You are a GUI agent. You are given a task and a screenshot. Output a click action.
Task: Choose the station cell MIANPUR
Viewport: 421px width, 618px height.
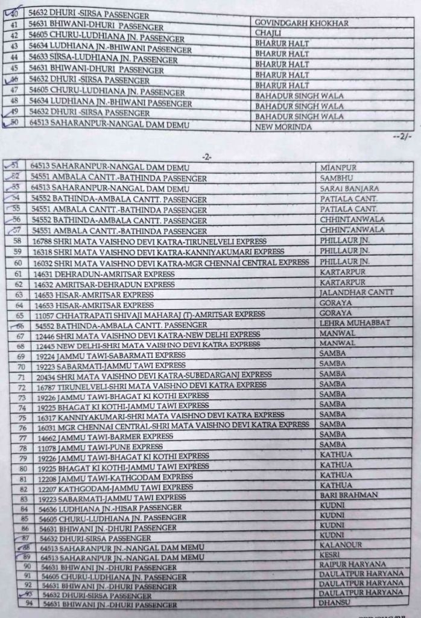337,167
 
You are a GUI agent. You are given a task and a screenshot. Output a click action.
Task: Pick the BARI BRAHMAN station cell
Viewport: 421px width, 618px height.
349,494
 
